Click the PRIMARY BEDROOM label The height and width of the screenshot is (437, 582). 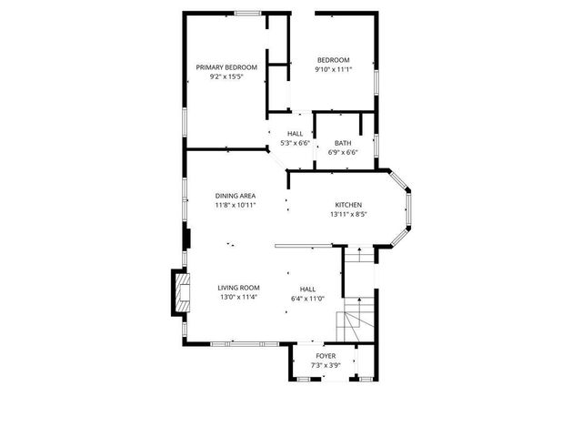(x=226, y=67)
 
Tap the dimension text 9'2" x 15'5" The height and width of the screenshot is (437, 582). (x=226, y=77)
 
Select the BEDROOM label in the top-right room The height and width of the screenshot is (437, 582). (x=333, y=60)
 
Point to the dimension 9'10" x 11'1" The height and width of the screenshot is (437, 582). (x=333, y=70)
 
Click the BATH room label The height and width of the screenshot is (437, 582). (x=343, y=143)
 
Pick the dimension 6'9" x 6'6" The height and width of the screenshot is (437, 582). (x=343, y=152)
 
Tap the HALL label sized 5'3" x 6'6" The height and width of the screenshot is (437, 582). (x=296, y=134)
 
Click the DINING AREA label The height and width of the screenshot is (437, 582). (x=235, y=196)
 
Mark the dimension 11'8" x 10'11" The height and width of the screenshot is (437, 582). (x=235, y=206)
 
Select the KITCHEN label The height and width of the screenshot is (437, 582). (x=348, y=205)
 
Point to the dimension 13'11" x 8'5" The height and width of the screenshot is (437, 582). (x=348, y=215)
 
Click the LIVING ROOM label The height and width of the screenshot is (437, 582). (x=238, y=288)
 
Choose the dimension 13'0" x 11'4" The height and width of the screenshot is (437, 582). (x=238, y=298)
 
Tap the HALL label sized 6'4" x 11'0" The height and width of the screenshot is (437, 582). (x=308, y=288)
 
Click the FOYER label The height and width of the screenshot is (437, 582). (x=326, y=356)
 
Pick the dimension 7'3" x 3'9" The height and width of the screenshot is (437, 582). (x=326, y=365)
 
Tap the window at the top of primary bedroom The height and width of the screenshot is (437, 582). (x=247, y=13)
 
